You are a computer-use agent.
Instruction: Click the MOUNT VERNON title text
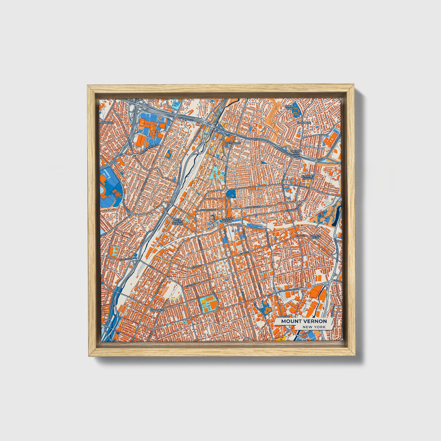click(304, 321)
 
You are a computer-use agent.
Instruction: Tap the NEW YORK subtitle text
click(314, 327)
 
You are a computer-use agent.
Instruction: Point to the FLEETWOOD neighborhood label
click(233, 143)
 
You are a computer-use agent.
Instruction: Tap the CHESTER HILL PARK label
click(296, 153)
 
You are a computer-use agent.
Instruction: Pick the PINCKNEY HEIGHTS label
click(306, 177)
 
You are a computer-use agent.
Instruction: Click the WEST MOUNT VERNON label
click(178, 221)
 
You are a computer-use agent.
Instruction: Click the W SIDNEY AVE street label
click(208, 210)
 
